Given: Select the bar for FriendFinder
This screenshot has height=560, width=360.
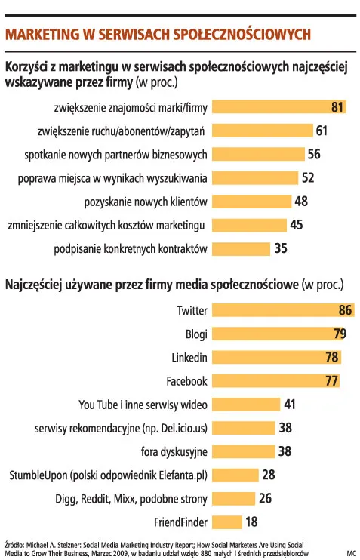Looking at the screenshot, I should [x=226, y=522].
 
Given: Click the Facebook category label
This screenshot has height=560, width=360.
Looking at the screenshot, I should [x=186, y=381].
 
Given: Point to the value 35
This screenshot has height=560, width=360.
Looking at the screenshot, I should [x=281, y=248].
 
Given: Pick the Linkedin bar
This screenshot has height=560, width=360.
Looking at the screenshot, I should [x=275, y=357].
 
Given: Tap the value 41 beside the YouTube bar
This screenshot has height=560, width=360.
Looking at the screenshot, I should [x=290, y=405].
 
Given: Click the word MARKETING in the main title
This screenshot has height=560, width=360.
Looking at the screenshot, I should [x=46, y=34].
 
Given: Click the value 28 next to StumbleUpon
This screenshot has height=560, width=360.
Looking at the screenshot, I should [x=269, y=475].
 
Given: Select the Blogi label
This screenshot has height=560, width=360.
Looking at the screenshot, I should [x=196, y=334].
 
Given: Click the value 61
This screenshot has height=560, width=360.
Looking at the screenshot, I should [x=322, y=131].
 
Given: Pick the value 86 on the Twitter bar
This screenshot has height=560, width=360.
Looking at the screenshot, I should [x=346, y=310].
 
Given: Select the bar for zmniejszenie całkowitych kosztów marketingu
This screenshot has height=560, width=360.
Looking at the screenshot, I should [x=248, y=225].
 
